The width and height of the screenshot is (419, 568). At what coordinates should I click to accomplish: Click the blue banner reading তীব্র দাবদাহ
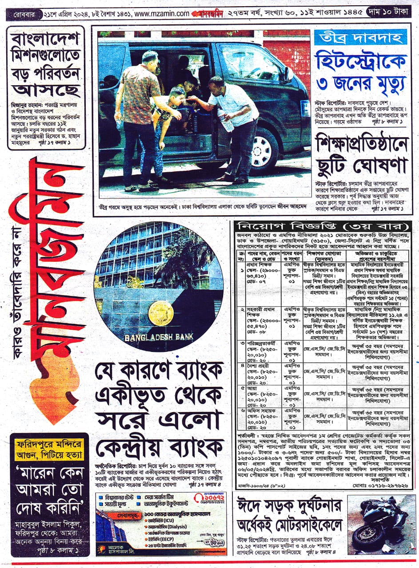click(360, 37)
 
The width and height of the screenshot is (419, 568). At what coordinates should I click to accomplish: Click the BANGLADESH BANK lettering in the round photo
click(159, 337)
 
